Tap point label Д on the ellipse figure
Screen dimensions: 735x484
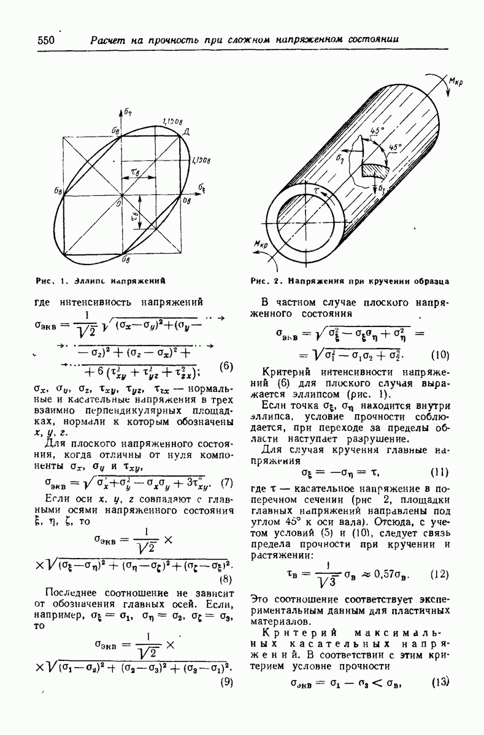point(186,132)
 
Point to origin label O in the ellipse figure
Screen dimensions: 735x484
point(117,204)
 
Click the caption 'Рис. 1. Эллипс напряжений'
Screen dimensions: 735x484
point(102,282)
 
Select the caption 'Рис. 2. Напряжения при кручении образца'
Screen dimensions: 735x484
point(350,282)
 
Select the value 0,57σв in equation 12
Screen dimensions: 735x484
point(391,575)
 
